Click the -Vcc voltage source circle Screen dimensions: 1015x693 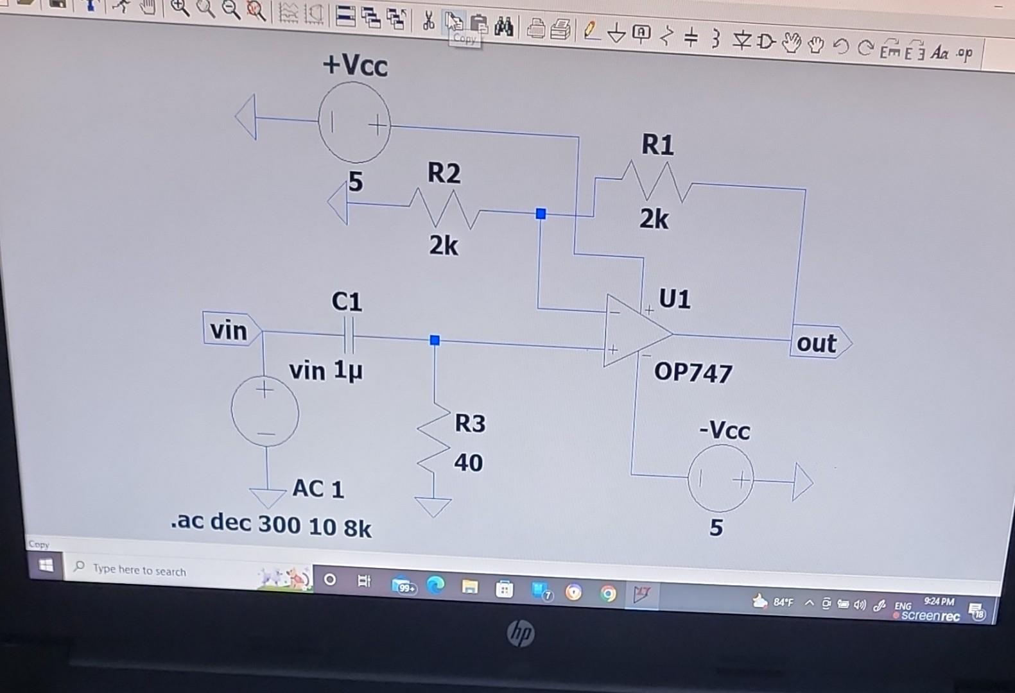coord(720,479)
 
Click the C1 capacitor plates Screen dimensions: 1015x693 coord(348,335)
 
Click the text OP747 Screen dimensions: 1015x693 coord(693,373)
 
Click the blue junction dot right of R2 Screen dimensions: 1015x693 coord(541,214)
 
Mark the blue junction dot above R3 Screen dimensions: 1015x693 coord(435,340)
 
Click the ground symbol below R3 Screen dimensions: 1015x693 coord(433,506)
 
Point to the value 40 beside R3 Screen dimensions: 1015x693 coord(468,463)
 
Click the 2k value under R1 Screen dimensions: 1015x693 coord(654,219)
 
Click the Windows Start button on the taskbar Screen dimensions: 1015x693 coord(46,565)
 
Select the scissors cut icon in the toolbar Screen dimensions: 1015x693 coord(428,21)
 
